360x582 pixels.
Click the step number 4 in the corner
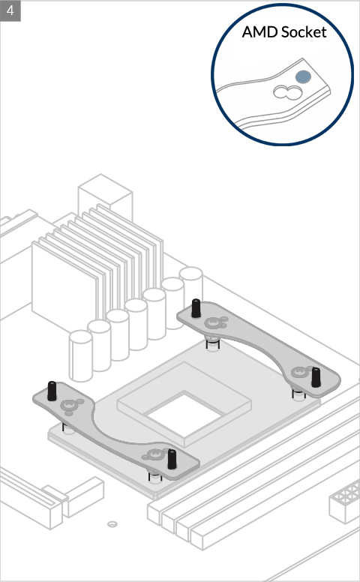click(x=10, y=10)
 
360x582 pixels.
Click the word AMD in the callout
click(x=260, y=32)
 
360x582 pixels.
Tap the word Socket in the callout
click(x=304, y=32)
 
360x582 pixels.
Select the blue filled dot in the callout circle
click(x=303, y=77)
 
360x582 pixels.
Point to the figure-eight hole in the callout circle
click(x=287, y=92)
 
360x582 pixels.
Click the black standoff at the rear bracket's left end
click(x=196, y=308)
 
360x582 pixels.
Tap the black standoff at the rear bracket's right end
click(x=316, y=377)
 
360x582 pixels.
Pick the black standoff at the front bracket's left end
click(x=52, y=391)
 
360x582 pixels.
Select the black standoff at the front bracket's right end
click(x=172, y=459)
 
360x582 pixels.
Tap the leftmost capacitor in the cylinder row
click(x=80, y=355)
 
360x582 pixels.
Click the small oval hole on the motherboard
click(x=112, y=524)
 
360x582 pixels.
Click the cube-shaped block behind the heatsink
click(x=106, y=195)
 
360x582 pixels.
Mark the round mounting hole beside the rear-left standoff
click(x=213, y=323)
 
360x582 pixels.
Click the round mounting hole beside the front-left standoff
click(x=69, y=405)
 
